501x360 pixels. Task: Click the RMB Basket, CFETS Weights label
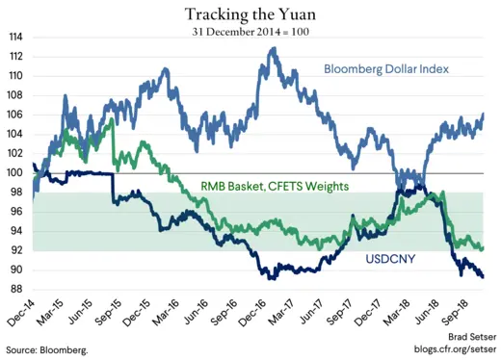click(x=274, y=186)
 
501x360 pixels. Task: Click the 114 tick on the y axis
click(x=17, y=37)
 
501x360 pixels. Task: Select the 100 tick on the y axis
click(x=17, y=172)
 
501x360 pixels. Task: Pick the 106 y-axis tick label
click(x=17, y=115)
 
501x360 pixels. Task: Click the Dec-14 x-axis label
click(x=22, y=313)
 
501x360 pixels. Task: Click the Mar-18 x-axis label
click(x=403, y=313)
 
